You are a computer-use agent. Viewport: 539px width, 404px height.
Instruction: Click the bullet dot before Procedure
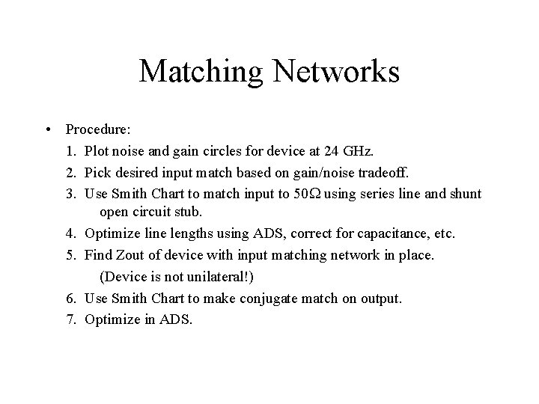pyautogui.click(x=48, y=131)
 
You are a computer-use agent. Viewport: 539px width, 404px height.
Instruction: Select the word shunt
pyautogui.click(x=465, y=194)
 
